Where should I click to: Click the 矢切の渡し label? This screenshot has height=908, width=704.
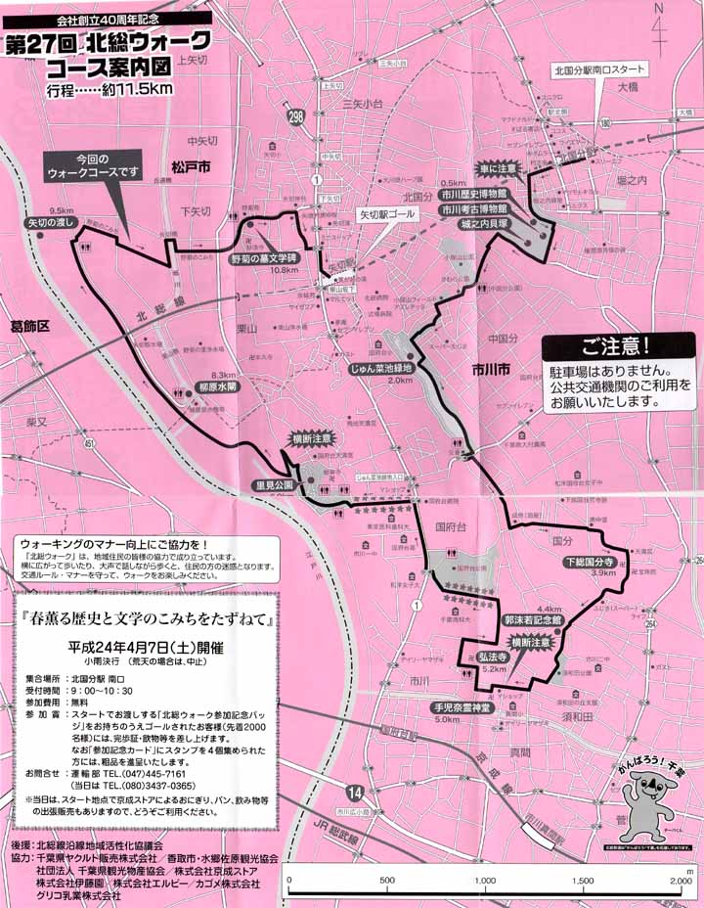pos(52,223)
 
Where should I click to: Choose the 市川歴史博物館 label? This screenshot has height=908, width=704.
pos(473,195)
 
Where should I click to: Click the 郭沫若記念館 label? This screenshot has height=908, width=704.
pos(533,620)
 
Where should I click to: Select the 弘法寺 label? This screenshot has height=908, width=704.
pos(492,656)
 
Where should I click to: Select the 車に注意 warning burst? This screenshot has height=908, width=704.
pos(498,168)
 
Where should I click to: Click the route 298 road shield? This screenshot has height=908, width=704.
pos(295,116)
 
